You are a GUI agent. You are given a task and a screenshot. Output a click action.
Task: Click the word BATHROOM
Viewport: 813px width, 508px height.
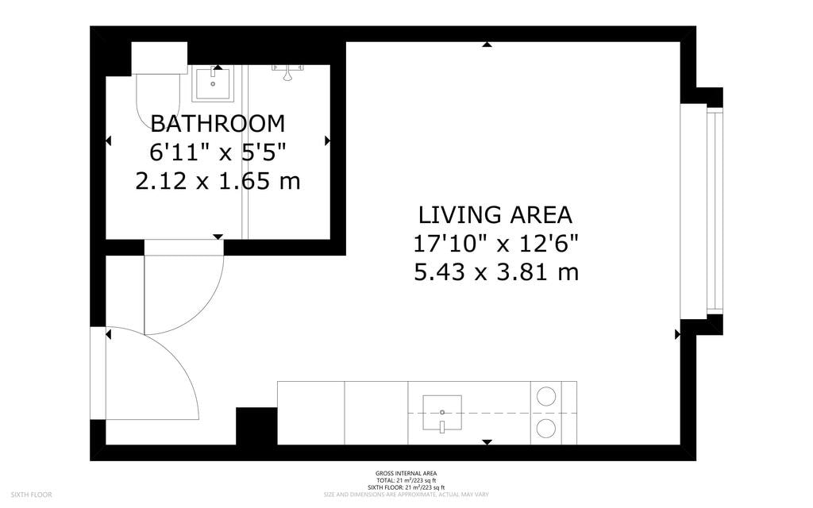tap(218, 123)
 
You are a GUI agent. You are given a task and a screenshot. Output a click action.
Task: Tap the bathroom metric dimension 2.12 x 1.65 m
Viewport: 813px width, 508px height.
tap(218, 182)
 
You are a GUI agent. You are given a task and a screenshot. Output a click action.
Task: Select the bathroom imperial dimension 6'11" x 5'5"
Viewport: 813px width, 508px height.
tap(218, 152)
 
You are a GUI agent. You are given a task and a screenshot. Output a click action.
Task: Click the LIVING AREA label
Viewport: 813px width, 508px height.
tap(495, 215)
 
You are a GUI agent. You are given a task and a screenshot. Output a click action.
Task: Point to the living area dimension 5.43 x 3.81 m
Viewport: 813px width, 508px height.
tap(495, 273)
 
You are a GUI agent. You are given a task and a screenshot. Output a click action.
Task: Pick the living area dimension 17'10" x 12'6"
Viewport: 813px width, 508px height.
tap(495, 244)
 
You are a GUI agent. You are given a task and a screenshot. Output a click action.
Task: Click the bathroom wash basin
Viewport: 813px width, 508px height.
tap(213, 83)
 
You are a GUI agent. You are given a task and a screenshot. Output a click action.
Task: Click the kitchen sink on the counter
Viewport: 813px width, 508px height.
tap(441, 413)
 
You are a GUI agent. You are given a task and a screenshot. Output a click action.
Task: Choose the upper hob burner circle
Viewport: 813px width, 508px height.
tap(548, 395)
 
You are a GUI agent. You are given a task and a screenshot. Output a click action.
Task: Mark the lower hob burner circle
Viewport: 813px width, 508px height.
tap(548, 429)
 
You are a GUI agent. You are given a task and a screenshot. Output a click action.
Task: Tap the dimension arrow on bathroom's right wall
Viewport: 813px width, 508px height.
tap(327, 140)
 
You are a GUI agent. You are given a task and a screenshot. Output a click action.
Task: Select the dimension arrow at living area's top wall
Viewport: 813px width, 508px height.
tap(487, 45)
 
